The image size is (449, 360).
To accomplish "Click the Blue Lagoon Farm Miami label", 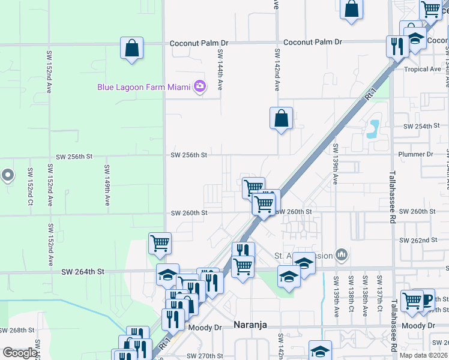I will (x=143, y=87).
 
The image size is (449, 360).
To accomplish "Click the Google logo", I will (x=20, y=353).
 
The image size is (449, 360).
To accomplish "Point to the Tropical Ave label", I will (x=423, y=70).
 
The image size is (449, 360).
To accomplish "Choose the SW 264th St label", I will (x=83, y=272).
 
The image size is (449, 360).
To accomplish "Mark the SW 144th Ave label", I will (x=220, y=70).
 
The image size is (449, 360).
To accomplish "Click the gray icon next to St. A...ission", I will (x=342, y=256).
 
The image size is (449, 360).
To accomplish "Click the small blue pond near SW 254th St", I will (x=375, y=127).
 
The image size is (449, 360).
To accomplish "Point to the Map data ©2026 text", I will (x=423, y=355).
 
